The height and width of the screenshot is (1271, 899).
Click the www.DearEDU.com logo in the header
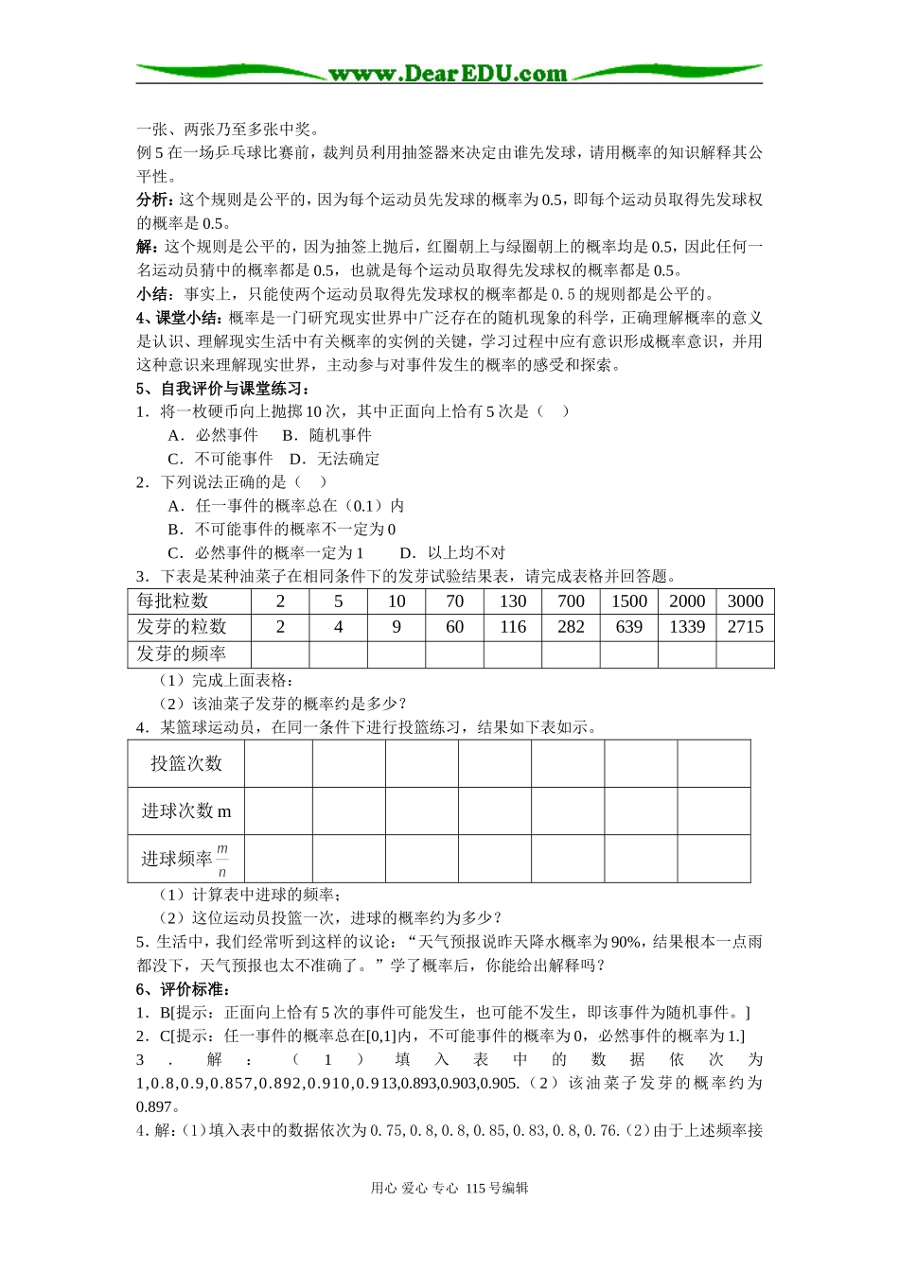(x=448, y=73)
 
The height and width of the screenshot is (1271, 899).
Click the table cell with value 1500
(x=629, y=601)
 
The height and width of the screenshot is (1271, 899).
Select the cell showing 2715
(x=745, y=627)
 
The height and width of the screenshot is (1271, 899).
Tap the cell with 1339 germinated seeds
(x=687, y=627)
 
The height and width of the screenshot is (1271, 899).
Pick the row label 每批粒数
(x=172, y=601)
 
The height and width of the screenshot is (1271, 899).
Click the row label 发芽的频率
(x=181, y=653)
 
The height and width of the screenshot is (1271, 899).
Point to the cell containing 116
(x=513, y=627)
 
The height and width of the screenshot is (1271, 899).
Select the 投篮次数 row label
(x=186, y=763)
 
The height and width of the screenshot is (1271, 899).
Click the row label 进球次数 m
(x=186, y=811)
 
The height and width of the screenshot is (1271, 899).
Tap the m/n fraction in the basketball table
(x=222, y=860)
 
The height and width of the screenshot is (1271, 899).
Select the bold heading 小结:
(x=155, y=294)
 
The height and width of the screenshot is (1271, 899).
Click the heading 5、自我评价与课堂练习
(x=223, y=389)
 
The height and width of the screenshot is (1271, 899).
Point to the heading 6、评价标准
(x=184, y=989)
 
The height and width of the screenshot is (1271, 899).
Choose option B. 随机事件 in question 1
(x=326, y=435)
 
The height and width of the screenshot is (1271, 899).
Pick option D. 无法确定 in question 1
(x=334, y=459)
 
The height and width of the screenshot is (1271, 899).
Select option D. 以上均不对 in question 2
(x=452, y=553)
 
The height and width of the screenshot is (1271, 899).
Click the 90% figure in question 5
(x=626, y=942)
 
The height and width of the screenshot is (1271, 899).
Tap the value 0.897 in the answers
(x=154, y=1107)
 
